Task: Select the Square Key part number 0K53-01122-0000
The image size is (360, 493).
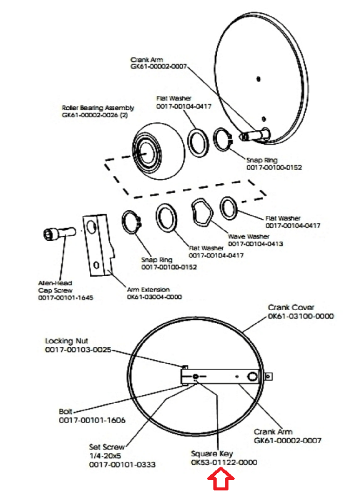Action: click(x=224, y=462)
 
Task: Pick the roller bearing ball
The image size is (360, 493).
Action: click(x=159, y=151)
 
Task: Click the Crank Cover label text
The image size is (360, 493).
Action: click(x=291, y=307)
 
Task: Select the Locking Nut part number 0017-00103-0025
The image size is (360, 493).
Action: click(x=78, y=350)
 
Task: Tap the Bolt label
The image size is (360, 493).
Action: click(x=65, y=411)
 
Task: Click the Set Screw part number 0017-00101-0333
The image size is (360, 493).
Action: click(x=122, y=464)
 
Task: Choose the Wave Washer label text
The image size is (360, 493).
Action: click(x=249, y=236)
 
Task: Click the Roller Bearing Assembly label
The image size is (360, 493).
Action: click(x=98, y=108)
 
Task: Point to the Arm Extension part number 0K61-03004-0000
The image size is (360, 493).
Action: click(x=154, y=297)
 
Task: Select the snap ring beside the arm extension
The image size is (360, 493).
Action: click(x=132, y=223)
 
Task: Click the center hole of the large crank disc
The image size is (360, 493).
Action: click(x=258, y=79)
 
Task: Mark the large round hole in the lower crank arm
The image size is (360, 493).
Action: click(x=252, y=376)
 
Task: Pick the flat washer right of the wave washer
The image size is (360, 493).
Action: click(x=229, y=208)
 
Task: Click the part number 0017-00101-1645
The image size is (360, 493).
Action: click(x=66, y=298)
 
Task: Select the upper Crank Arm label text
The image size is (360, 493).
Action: click(x=147, y=60)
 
